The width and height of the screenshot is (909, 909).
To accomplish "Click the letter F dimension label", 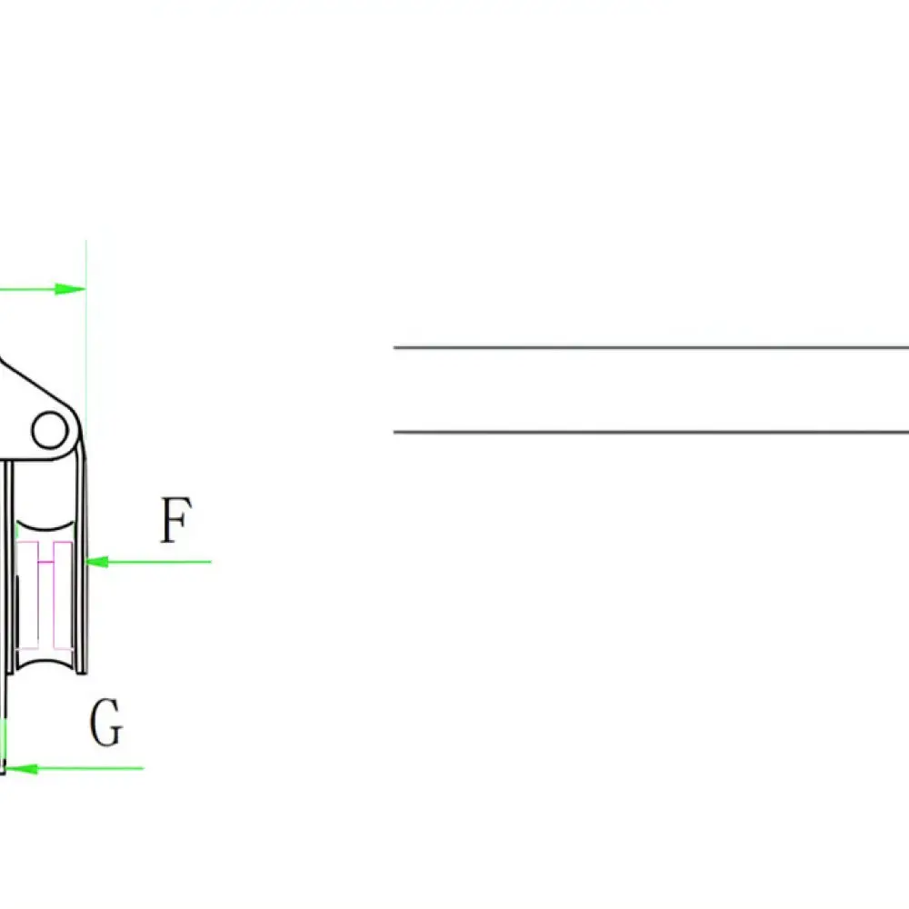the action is coord(175,520).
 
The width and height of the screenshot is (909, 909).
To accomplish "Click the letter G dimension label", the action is coord(106,723).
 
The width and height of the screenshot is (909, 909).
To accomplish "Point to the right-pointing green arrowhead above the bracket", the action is coord(70,289).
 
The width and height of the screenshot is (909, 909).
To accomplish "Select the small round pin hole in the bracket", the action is coord(50,430).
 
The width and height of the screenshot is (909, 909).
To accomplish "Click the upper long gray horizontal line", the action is coord(651,348).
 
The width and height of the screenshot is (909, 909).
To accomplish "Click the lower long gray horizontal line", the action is coord(651,432).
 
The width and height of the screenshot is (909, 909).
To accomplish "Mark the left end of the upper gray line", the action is coord(395,348).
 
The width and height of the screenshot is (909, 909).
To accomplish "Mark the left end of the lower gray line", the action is coord(395,432).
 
